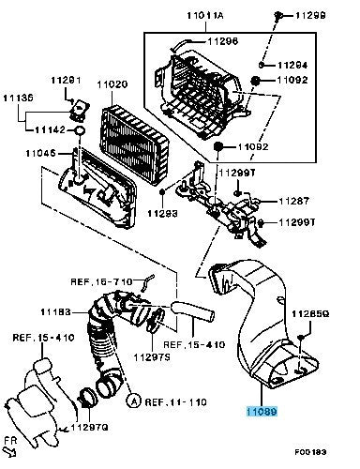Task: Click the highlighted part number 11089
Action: [x=262, y=412]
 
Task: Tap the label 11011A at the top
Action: [x=205, y=15]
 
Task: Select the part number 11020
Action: [x=112, y=84]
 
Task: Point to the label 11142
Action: [x=50, y=129]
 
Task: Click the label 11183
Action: [x=55, y=311]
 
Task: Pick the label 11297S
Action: [x=152, y=357]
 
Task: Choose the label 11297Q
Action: [x=89, y=427]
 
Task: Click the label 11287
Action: [x=293, y=201]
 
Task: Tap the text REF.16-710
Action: [x=101, y=281]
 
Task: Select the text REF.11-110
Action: [x=175, y=401]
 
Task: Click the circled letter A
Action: [x=133, y=401]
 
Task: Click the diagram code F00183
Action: [x=310, y=452]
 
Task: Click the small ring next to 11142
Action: [x=80, y=130]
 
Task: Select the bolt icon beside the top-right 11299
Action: [x=277, y=14]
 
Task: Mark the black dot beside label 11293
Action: [x=162, y=191]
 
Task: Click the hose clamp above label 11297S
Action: [x=156, y=320]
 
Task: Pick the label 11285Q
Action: [x=310, y=314]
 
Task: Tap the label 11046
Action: [x=40, y=153]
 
